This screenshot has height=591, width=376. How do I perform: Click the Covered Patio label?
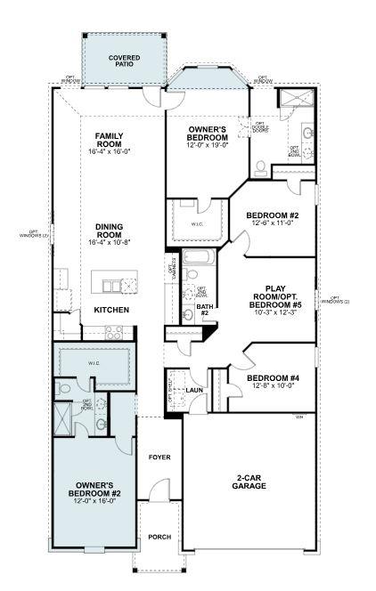(x=125, y=61)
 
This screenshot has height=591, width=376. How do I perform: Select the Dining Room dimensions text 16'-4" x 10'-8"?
(x=109, y=242)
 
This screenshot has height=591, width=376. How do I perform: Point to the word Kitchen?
(x=111, y=310)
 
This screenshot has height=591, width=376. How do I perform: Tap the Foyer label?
(x=159, y=457)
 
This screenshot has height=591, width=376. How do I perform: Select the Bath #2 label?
(x=203, y=310)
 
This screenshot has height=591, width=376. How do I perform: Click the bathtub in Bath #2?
(x=200, y=261)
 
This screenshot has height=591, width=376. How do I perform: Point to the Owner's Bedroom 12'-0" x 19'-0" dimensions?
(x=210, y=145)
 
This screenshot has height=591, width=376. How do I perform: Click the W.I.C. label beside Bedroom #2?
(x=197, y=224)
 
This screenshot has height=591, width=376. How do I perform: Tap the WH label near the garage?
(x=299, y=417)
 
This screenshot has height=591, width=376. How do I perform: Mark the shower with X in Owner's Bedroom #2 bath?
(x=64, y=416)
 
